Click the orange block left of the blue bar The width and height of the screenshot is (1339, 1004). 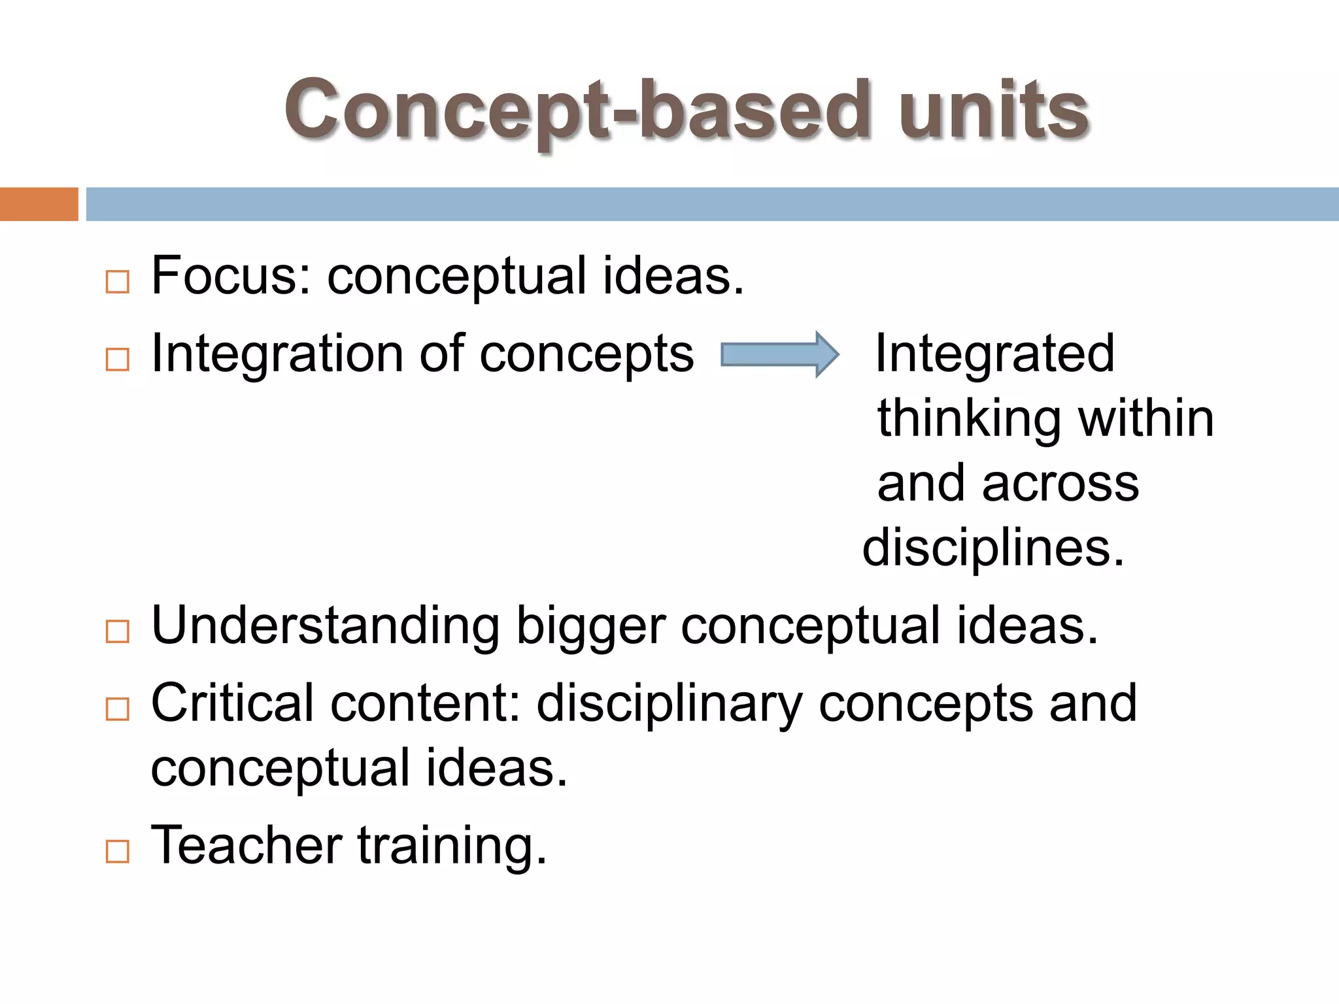39,204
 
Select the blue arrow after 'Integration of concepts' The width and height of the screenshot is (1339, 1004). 779,354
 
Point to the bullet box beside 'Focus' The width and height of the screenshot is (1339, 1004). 118,282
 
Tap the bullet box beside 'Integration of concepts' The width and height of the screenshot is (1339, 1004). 118,360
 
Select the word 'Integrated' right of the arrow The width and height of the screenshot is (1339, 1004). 994,354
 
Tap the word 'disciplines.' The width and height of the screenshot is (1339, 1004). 993,548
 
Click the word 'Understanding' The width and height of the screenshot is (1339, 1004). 326,626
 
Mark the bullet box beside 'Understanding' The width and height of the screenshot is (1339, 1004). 118,631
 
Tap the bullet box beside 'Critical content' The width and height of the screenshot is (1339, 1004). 118,709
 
